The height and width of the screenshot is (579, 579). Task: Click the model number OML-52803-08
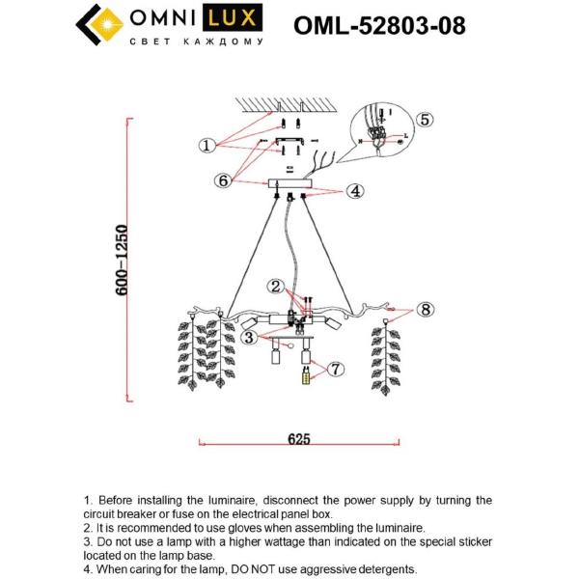click(x=378, y=24)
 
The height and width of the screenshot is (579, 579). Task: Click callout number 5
click(x=425, y=120)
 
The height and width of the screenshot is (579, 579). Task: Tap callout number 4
click(x=354, y=191)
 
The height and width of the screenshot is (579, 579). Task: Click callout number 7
click(x=335, y=369)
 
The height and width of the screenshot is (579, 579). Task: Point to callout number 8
click(x=426, y=310)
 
